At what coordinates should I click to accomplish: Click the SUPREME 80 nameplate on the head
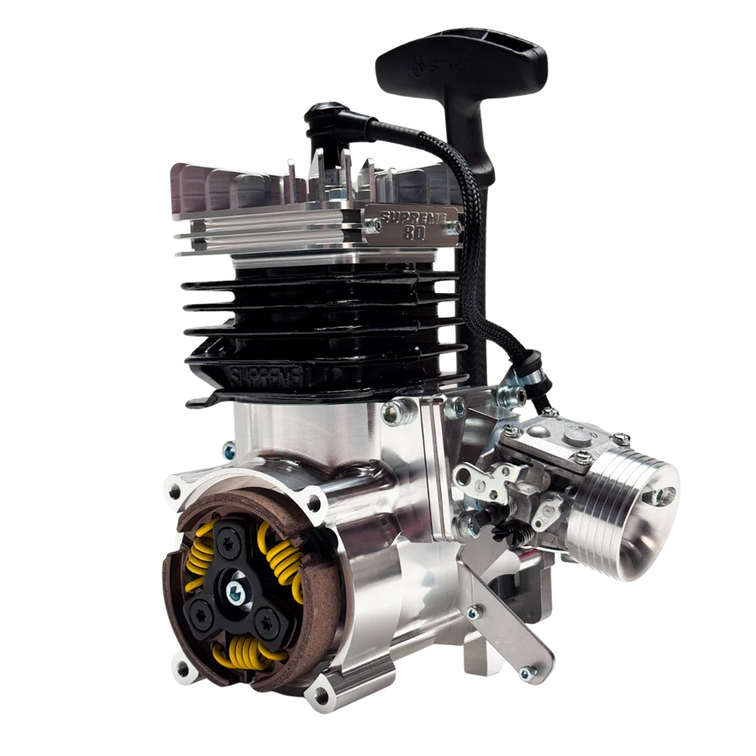tap(413, 221)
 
